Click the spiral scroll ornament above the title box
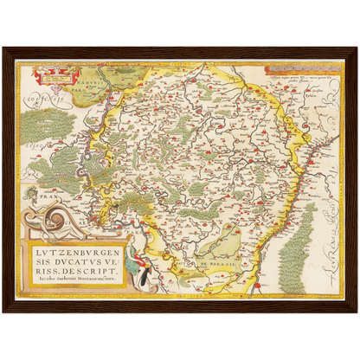coord(42,222)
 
